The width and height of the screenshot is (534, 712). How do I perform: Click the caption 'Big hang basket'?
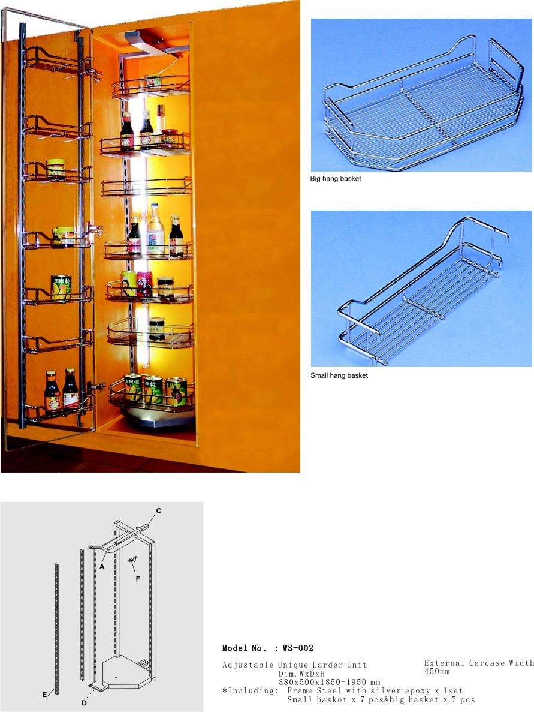[335, 179]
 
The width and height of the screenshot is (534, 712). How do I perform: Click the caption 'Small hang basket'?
[339, 375]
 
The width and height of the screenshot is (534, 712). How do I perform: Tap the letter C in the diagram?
[158, 511]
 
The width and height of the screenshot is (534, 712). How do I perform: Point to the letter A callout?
[102, 567]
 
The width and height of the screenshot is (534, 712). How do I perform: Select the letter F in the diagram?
[138, 579]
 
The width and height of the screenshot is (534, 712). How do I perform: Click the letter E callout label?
[44, 694]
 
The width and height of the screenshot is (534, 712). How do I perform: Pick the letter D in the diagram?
[84, 703]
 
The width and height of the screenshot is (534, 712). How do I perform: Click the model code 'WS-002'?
[298, 648]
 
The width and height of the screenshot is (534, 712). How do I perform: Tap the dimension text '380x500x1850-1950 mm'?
[329, 682]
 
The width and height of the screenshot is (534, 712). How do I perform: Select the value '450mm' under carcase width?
[437, 671]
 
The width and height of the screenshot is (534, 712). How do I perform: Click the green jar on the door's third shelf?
[56, 169]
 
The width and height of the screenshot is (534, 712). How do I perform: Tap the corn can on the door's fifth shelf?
[61, 287]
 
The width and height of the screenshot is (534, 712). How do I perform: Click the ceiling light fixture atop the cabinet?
[145, 42]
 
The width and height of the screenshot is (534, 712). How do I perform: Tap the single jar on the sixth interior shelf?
[156, 328]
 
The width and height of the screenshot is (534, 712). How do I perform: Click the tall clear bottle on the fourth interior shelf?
[155, 229]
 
